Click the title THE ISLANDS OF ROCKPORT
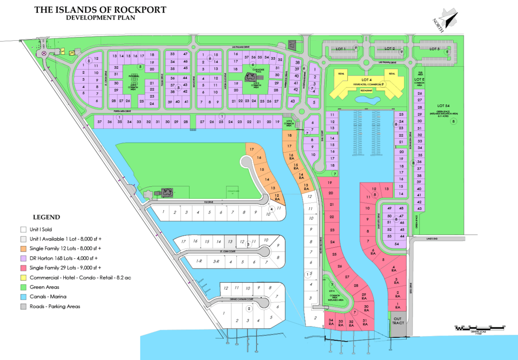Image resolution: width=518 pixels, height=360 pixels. (101, 9)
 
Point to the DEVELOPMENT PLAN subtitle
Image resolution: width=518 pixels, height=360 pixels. (101, 18)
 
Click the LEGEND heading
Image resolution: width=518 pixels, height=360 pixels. (47, 217)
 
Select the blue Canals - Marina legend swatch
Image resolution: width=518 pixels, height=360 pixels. (24, 297)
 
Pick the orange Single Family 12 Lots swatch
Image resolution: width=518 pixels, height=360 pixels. (24, 249)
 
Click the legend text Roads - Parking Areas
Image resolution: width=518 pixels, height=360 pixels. (55, 306)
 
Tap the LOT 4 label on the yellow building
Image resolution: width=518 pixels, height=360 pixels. (366, 79)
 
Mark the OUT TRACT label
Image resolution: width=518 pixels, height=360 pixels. (398, 320)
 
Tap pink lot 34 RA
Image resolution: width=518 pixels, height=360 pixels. (331, 322)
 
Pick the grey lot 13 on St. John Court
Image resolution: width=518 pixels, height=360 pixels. (230, 241)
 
